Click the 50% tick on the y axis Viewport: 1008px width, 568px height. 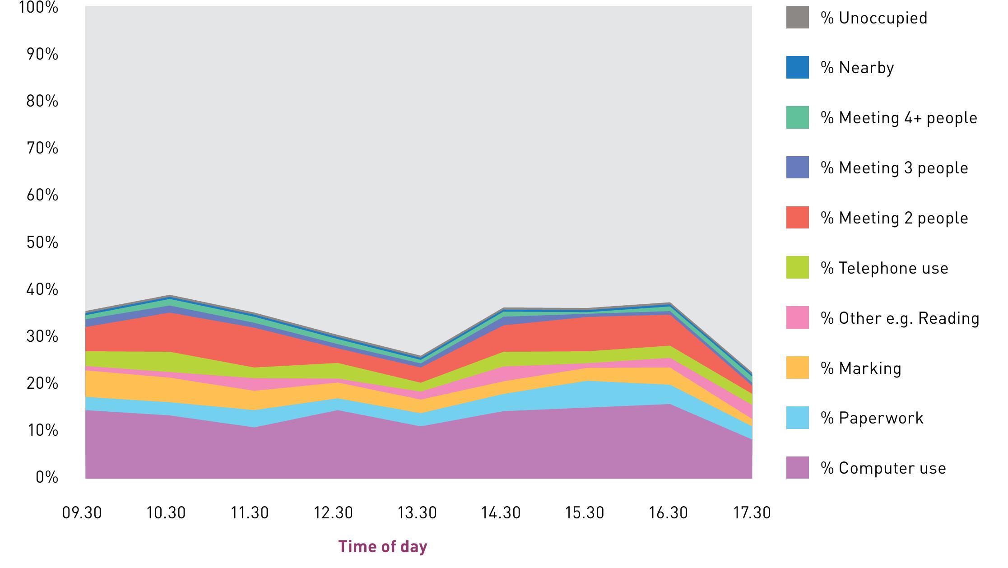point(42,242)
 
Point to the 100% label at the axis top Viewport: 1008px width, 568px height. point(39,8)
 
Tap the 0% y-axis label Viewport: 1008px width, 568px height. point(47,477)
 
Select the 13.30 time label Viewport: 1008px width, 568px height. point(417,513)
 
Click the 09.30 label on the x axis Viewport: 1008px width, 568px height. point(82,513)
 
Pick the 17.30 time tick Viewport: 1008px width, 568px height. point(752,513)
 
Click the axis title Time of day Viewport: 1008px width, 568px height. point(382,547)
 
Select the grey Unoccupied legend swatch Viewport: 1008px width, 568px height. point(797,18)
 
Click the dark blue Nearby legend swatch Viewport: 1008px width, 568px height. point(797,68)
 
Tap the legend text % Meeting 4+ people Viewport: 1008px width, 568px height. point(899,118)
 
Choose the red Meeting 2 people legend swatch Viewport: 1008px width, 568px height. point(797,218)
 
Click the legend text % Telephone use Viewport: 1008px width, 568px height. point(884,268)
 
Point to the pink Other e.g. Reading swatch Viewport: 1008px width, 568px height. point(797,317)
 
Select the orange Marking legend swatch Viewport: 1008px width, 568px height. point(797,368)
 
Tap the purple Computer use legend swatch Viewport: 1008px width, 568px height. point(797,468)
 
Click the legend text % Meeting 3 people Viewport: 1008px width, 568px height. point(894,168)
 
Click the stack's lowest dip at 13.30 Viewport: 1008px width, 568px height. point(420,356)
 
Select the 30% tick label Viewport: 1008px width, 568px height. point(42,336)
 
